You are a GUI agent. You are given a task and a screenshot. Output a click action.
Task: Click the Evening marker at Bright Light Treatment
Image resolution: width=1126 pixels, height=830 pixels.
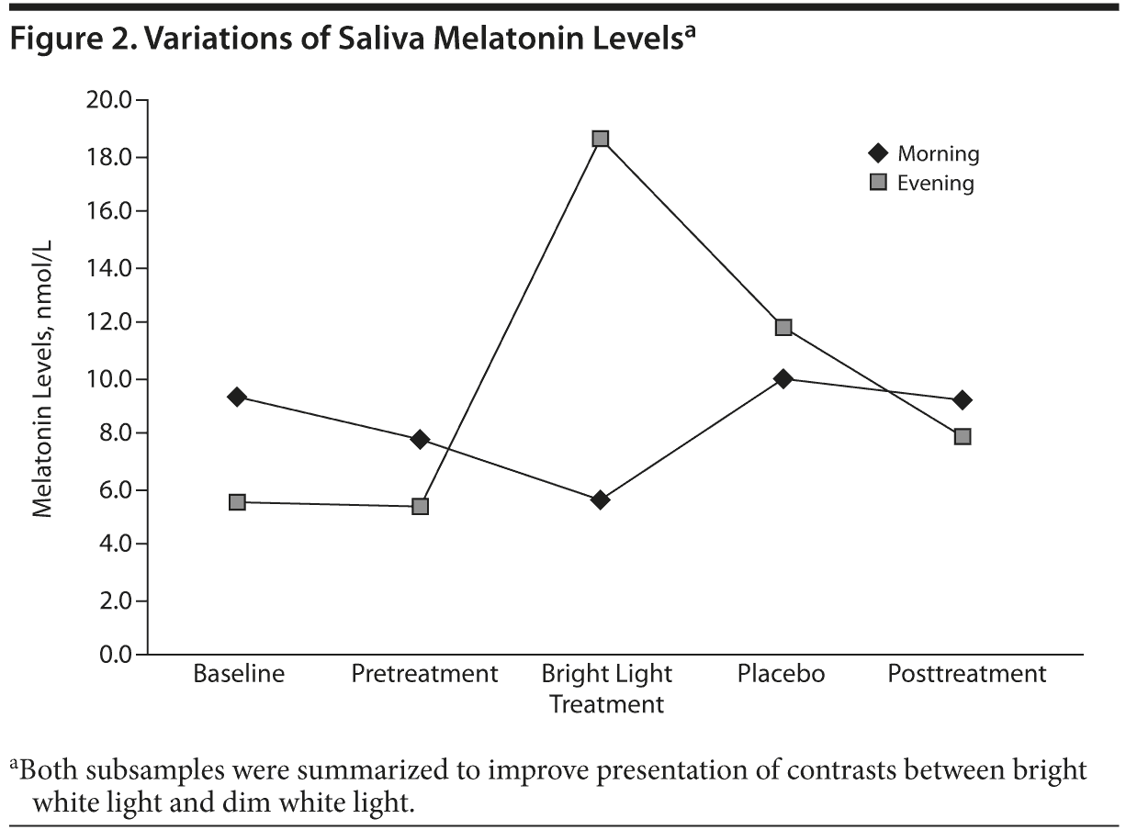(601, 139)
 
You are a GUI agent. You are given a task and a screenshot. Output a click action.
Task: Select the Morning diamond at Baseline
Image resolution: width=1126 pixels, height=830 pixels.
(237, 397)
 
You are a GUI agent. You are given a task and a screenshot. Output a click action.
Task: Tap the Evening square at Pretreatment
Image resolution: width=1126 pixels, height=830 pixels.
(420, 506)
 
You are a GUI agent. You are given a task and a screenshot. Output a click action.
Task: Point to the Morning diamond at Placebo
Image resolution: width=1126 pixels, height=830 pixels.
(783, 378)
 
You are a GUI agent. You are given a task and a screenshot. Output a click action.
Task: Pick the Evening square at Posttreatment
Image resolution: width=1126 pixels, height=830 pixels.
(963, 436)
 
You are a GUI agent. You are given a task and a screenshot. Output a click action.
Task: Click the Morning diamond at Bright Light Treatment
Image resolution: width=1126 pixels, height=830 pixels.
(601, 499)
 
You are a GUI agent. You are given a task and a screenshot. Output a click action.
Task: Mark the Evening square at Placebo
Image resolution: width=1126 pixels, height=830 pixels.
(783, 327)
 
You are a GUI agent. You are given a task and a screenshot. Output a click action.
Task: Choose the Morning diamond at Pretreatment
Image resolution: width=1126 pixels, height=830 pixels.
(420, 439)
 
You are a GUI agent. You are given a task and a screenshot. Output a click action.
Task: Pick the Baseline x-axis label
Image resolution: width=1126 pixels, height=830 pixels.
(239, 674)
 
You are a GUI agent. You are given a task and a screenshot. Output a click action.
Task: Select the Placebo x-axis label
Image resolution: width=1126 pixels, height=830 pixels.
(782, 674)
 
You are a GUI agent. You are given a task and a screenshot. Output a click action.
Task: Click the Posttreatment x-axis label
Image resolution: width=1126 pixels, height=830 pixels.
(967, 674)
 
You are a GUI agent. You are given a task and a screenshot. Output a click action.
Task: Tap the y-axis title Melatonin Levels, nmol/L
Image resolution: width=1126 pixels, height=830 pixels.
(43, 378)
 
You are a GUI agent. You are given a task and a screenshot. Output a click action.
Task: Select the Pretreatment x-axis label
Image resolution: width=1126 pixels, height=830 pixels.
(424, 674)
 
